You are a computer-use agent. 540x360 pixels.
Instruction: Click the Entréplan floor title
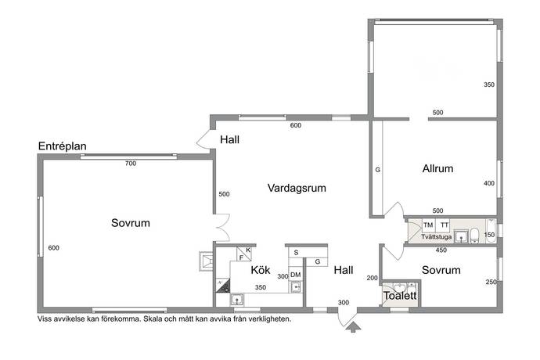(x=62, y=146)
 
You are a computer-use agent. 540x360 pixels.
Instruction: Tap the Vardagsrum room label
(x=297, y=188)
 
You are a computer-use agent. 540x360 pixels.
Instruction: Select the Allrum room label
(x=437, y=169)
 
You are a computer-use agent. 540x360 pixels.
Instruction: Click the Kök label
(x=261, y=270)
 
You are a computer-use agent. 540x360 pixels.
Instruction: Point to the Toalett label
(x=400, y=296)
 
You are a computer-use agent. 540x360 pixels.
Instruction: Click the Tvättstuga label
(x=436, y=237)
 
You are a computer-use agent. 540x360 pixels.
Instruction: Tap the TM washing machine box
(x=428, y=225)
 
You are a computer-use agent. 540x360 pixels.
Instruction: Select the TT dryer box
(x=444, y=225)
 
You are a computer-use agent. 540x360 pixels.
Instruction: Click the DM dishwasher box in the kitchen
(x=296, y=275)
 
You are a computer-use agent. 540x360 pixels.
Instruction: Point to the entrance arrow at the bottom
(x=353, y=327)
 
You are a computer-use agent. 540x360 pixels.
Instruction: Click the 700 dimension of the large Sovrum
(x=131, y=164)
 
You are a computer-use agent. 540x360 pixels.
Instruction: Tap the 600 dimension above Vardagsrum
(x=296, y=125)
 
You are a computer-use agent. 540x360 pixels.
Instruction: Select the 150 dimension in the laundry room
(x=489, y=235)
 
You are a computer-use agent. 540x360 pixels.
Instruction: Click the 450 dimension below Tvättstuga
(x=441, y=250)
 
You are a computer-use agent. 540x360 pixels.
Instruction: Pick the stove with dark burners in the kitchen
(x=223, y=286)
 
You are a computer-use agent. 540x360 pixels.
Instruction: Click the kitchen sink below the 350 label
(x=236, y=300)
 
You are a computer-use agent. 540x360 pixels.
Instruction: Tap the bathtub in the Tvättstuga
(x=491, y=231)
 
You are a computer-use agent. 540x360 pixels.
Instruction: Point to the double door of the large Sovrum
(x=221, y=228)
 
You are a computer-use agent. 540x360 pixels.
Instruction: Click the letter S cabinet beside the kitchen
(x=296, y=253)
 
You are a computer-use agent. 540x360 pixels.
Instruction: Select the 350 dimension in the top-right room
(x=489, y=85)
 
